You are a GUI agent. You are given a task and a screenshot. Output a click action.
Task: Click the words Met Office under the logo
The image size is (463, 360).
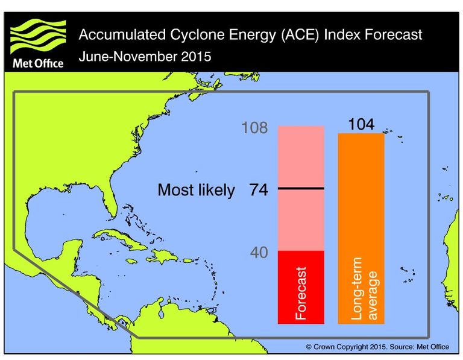click(37, 63)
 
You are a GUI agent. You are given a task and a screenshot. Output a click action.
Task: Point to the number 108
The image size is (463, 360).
click(254, 128)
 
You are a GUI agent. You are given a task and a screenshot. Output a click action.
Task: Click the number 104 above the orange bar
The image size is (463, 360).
click(361, 124)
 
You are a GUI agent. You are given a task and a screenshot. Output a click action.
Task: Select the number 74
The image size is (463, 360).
click(259, 190)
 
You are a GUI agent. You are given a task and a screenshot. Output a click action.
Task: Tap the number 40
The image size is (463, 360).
click(259, 253)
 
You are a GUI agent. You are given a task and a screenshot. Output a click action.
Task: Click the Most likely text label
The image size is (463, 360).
click(196, 191)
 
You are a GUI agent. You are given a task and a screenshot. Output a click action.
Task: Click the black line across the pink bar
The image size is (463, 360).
click(301, 189)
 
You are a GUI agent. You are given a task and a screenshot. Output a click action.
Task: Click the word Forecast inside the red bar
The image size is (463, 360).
click(301, 293)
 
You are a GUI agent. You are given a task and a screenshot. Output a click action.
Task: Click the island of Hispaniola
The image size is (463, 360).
click(161, 256)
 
